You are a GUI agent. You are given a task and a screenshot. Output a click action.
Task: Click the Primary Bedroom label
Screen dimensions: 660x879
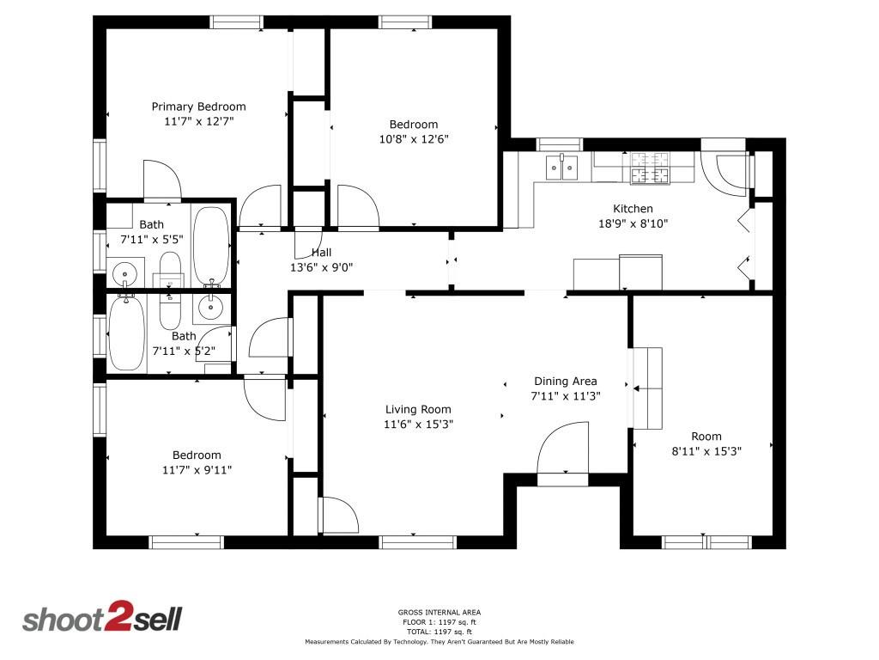[x=198, y=107]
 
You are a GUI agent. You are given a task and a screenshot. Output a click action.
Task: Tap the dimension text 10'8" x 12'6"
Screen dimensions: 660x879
[x=414, y=138]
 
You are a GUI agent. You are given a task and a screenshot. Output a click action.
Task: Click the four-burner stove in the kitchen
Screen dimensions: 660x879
[x=650, y=168]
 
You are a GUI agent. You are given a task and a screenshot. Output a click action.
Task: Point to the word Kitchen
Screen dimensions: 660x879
[x=633, y=209]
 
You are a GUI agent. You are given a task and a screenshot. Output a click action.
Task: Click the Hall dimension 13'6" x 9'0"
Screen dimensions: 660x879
[x=321, y=267]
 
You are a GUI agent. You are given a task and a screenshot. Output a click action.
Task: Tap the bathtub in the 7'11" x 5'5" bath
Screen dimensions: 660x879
[x=209, y=244]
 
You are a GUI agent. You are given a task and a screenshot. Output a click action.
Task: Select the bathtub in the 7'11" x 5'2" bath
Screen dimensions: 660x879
[x=126, y=333]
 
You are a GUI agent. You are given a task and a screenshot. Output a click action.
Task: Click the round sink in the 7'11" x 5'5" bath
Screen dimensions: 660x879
[x=125, y=274]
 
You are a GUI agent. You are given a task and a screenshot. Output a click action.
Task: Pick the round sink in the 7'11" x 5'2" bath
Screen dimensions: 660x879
[x=210, y=305]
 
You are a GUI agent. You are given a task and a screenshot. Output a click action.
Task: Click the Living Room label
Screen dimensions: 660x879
[x=418, y=410]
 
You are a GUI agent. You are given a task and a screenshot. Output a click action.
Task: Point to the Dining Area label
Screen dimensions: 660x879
[x=565, y=382]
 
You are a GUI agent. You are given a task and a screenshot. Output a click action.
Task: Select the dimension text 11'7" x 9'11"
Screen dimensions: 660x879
[x=197, y=469]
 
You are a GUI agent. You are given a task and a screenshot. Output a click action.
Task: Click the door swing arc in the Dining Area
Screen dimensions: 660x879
[x=562, y=448]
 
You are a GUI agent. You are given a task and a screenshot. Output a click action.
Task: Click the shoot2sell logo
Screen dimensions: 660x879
[x=101, y=620]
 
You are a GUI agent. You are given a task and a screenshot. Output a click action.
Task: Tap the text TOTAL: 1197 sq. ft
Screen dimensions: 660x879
[x=439, y=632]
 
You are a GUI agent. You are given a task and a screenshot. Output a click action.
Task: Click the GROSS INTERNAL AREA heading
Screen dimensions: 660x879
[x=439, y=613]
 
